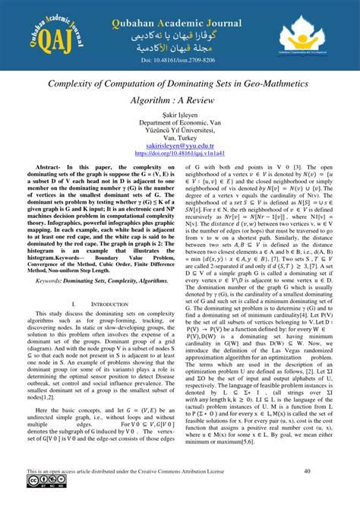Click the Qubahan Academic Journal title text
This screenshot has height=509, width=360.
(x=179, y=17)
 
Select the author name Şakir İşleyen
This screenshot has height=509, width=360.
(x=179, y=123)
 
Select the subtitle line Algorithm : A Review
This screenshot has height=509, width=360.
(x=180, y=101)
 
